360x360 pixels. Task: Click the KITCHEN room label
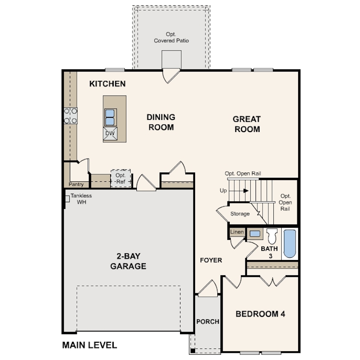108,84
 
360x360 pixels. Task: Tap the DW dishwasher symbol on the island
110,134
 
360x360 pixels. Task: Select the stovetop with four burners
71,116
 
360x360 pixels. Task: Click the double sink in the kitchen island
110,117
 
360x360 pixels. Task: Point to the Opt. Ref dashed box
121,178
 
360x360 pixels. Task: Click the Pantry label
76,184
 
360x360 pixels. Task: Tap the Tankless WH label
81,199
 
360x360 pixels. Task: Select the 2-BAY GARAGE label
128,261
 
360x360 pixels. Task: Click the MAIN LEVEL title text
89,345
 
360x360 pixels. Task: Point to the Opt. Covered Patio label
171,37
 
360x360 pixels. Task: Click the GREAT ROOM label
247,124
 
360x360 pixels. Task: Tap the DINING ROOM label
161,122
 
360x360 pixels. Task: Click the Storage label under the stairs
240,214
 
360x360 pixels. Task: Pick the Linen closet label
237,232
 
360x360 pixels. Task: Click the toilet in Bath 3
272,236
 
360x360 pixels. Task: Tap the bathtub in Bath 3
290,244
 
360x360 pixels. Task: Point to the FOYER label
211,260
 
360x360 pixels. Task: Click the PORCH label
208,322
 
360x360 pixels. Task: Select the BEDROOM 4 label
260,314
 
